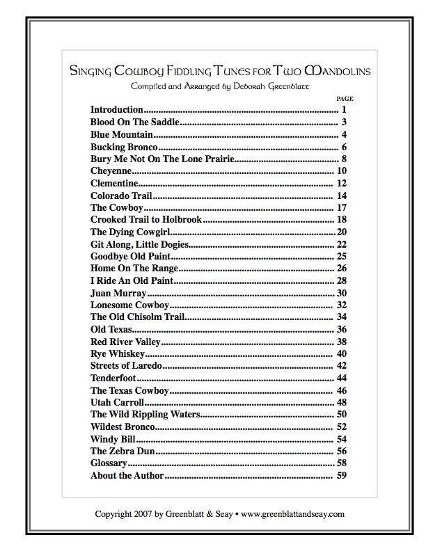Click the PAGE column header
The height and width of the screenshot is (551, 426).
click(x=345, y=99)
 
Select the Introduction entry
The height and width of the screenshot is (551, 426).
click(x=117, y=110)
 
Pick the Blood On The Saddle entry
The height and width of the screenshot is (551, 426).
click(x=134, y=122)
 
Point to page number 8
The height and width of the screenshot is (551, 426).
click(x=344, y=159)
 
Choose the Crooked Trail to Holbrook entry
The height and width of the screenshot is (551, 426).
click(x=145, y=220)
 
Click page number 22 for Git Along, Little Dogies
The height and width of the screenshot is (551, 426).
click(x=342, y=244)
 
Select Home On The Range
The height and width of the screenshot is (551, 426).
click(x=134, y=269)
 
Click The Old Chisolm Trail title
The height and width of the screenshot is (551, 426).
click(x=137, y=317)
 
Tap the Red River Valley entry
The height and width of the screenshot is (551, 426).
click(x=125, y=342)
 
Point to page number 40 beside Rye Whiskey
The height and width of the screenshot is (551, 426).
click(x=342, y=354)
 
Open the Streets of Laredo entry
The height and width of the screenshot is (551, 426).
click(x=126, y=366)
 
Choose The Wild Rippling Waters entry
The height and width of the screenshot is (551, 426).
click(x=145, y=415)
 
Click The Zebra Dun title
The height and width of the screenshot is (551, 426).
click(x=120, y=452)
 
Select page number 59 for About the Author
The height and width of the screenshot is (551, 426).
click(x=342, y=476)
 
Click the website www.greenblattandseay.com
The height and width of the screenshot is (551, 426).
click(x=293, y=514)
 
